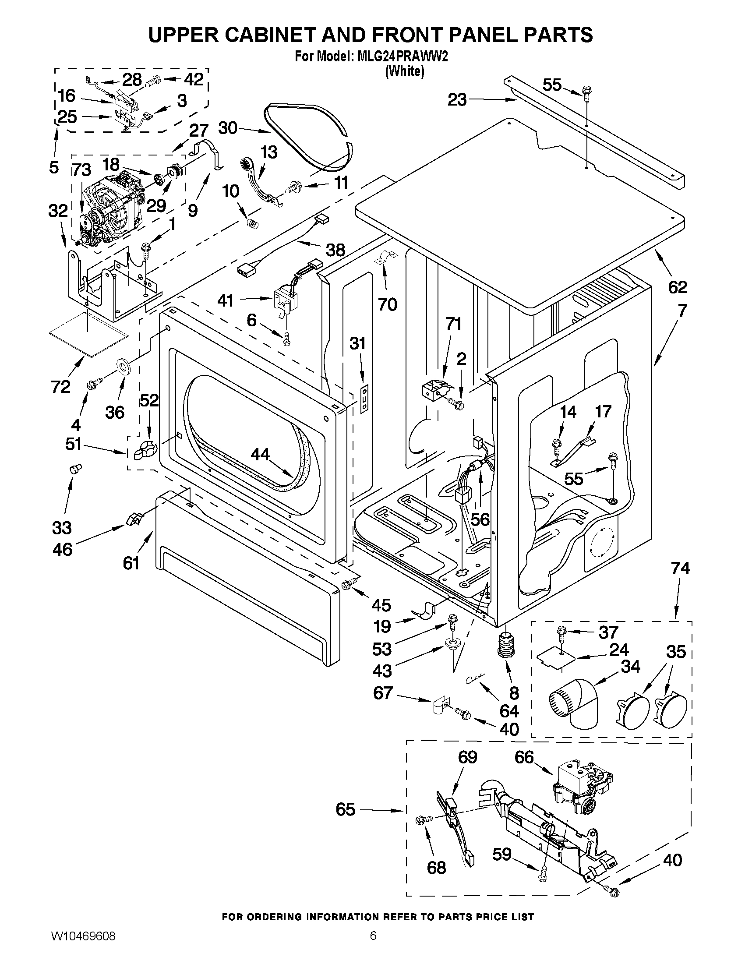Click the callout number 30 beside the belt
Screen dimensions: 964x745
(x=228, y=128)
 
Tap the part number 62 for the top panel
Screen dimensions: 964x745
(x=678, y=287)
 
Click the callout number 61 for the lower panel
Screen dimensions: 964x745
(x=131, y=563)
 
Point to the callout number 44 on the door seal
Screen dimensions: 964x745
(x=260, y=454)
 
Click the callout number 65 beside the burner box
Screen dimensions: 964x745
(x=345, y=809)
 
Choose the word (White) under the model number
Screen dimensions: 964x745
(x=404, y=71)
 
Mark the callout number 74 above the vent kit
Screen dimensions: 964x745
(x=680, y=568)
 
